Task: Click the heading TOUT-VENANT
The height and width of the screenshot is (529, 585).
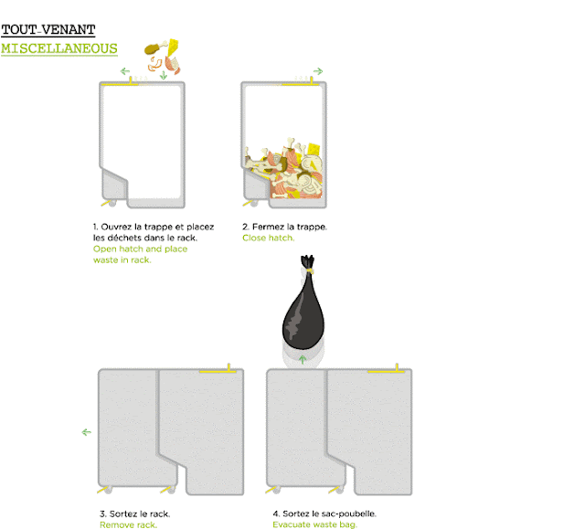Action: [x=48, y=30]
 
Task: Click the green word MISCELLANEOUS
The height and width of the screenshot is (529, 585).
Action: [x=59, y=48]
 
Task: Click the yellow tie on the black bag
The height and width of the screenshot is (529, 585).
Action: [x=309, y=270]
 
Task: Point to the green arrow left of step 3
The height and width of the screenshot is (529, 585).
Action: [x=87, y=432]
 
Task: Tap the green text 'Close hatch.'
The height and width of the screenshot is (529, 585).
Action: [x=269, y=238]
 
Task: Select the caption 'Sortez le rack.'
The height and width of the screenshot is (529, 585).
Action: [x=135, y=513]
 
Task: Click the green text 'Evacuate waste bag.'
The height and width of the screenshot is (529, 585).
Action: [x=314, y=524]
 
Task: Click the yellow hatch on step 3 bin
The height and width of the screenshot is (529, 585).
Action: [x=220, y=370]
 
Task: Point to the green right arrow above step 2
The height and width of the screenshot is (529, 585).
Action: [x=317, y=71]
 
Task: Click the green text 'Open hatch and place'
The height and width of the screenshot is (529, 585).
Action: [x=140, y=249]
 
